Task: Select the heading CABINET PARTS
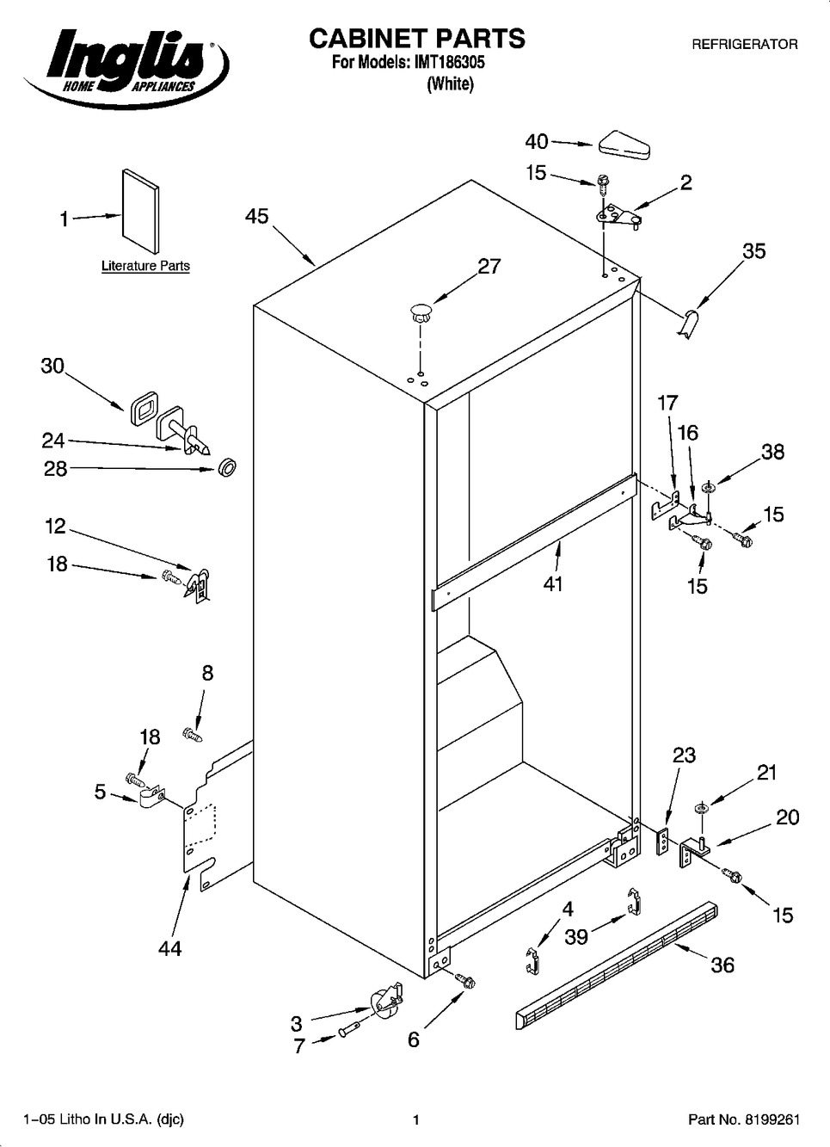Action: click(416, 39)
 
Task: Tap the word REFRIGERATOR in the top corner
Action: click(744, 44)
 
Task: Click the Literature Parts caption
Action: click(145, 266)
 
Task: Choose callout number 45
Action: click(256, 217)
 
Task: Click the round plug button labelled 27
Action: click(421, 311)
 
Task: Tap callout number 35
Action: click(753, 251)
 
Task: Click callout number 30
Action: click(52, 366)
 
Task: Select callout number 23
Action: click(684, 755)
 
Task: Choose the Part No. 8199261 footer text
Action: click(744, 1119)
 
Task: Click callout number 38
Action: click(772, 452)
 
